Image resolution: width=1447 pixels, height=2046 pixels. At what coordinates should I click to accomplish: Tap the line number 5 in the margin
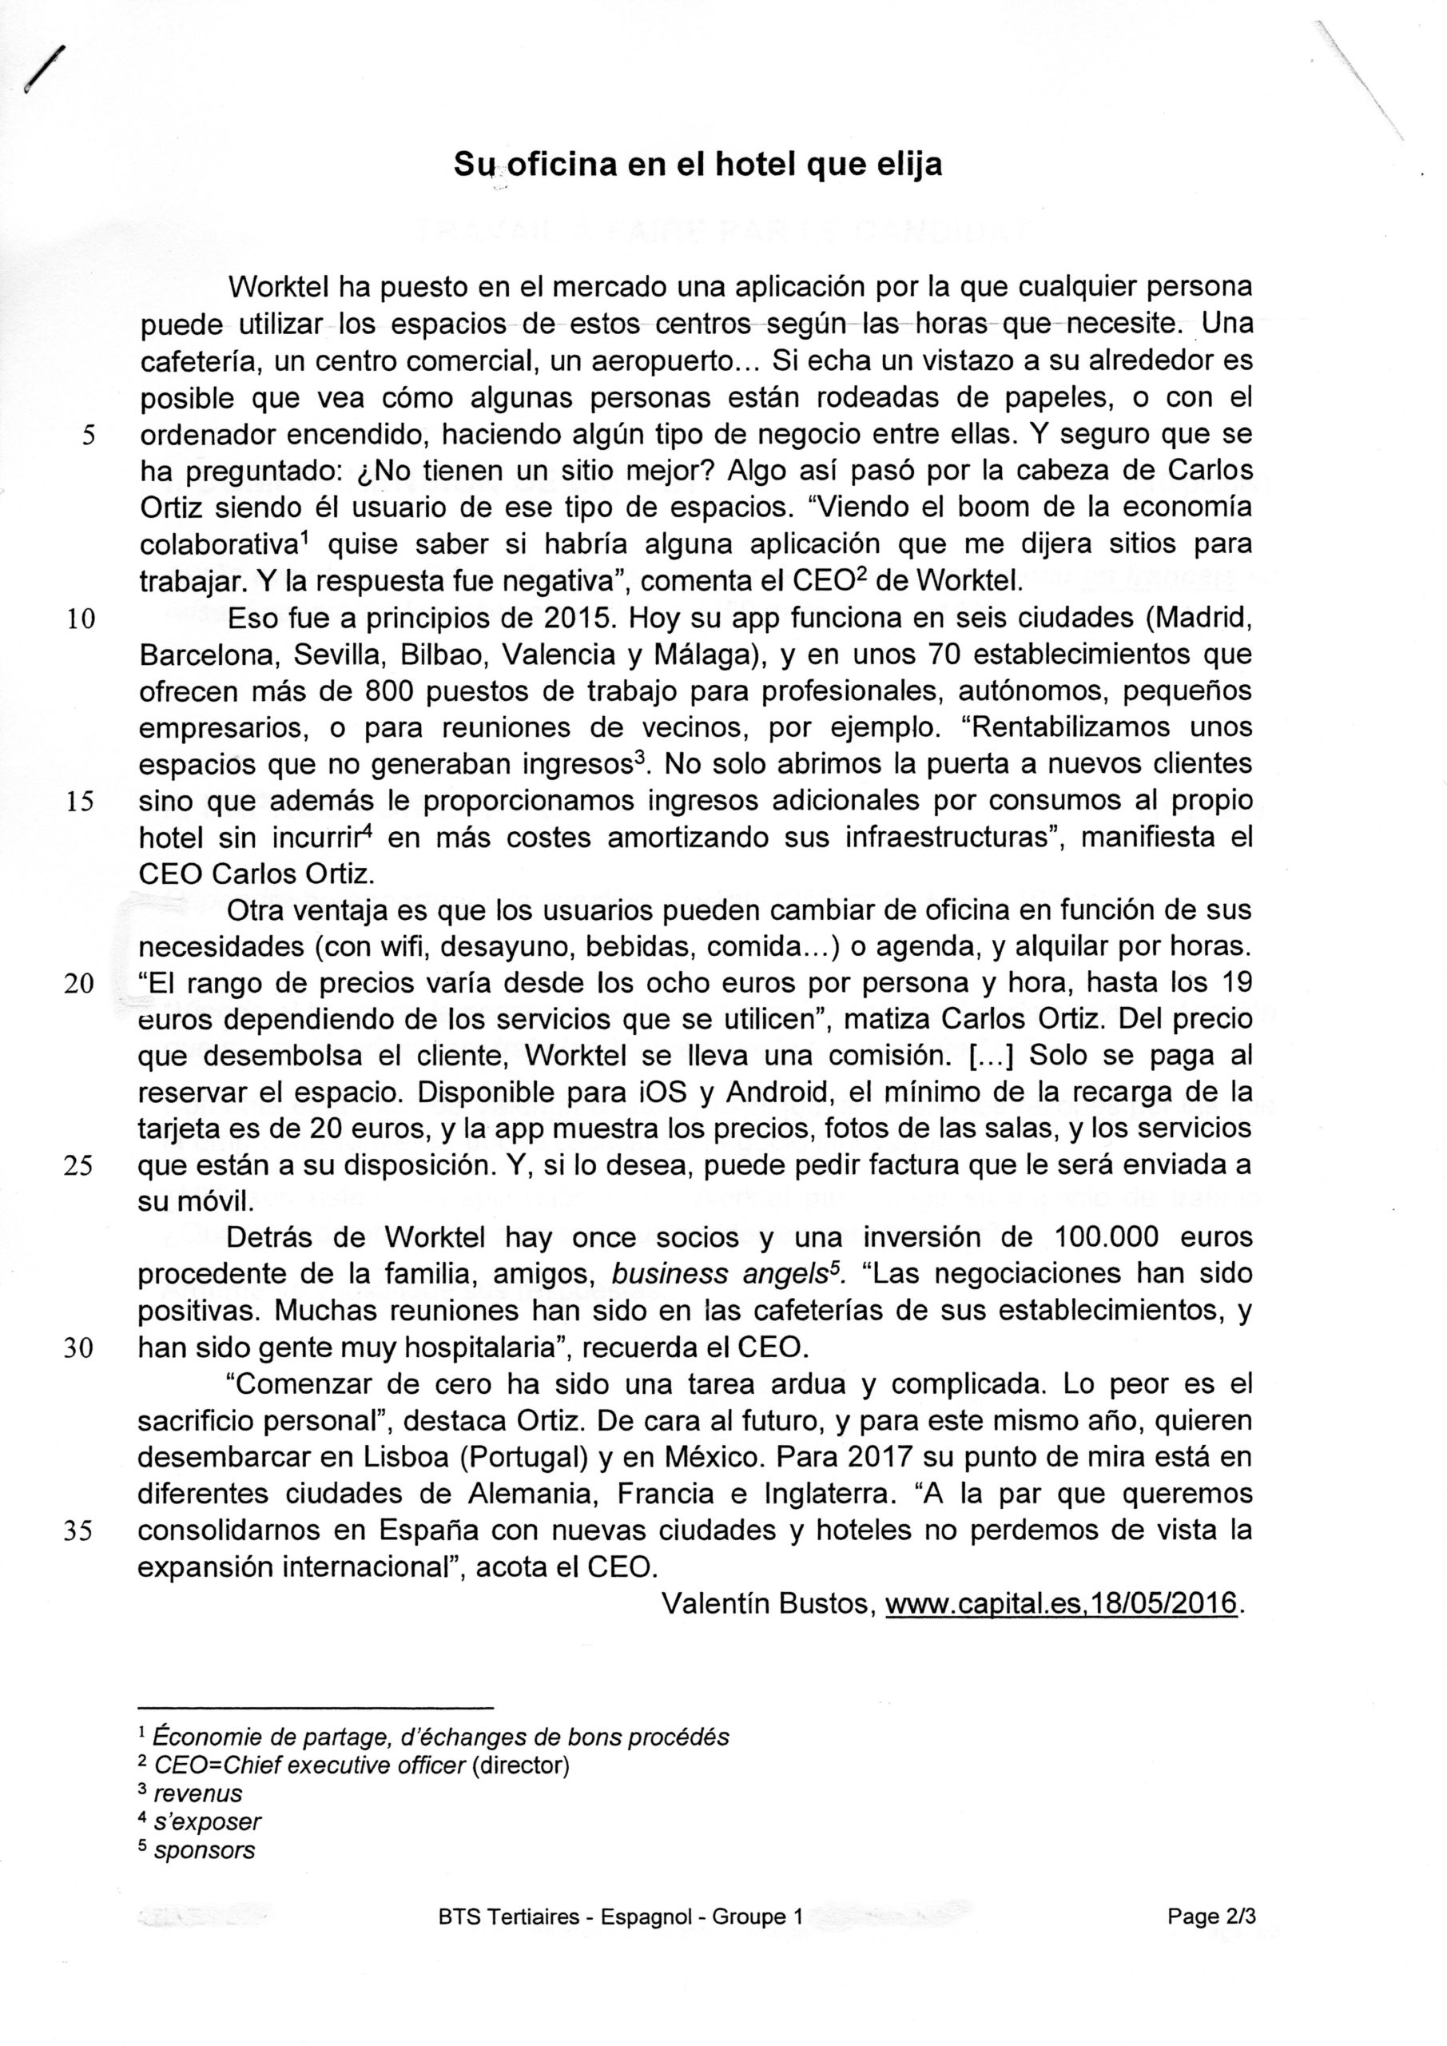(87, 435)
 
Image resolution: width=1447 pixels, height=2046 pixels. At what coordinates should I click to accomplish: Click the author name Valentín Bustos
(765, 1604)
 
